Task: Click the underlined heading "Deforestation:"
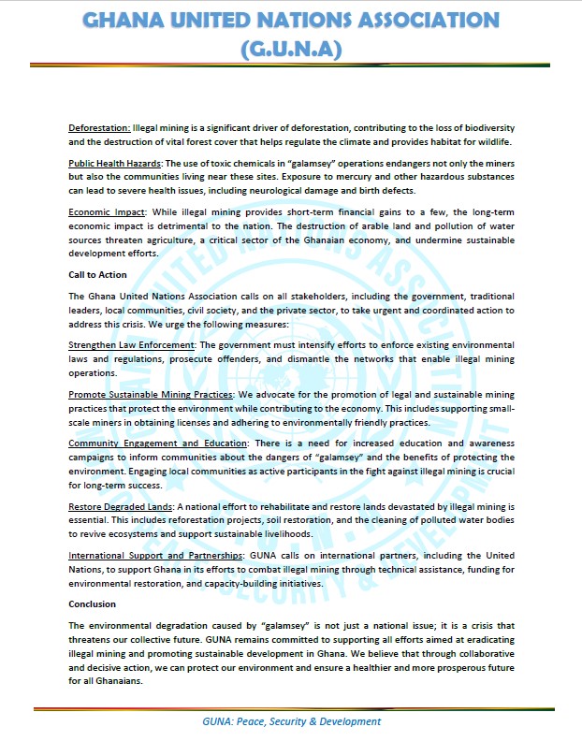[x=99, y=126]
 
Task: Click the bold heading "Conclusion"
[x=92, y=604]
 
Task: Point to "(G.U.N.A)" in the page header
[x=290, y=48]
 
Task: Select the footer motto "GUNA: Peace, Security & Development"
[x=291, y=721]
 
